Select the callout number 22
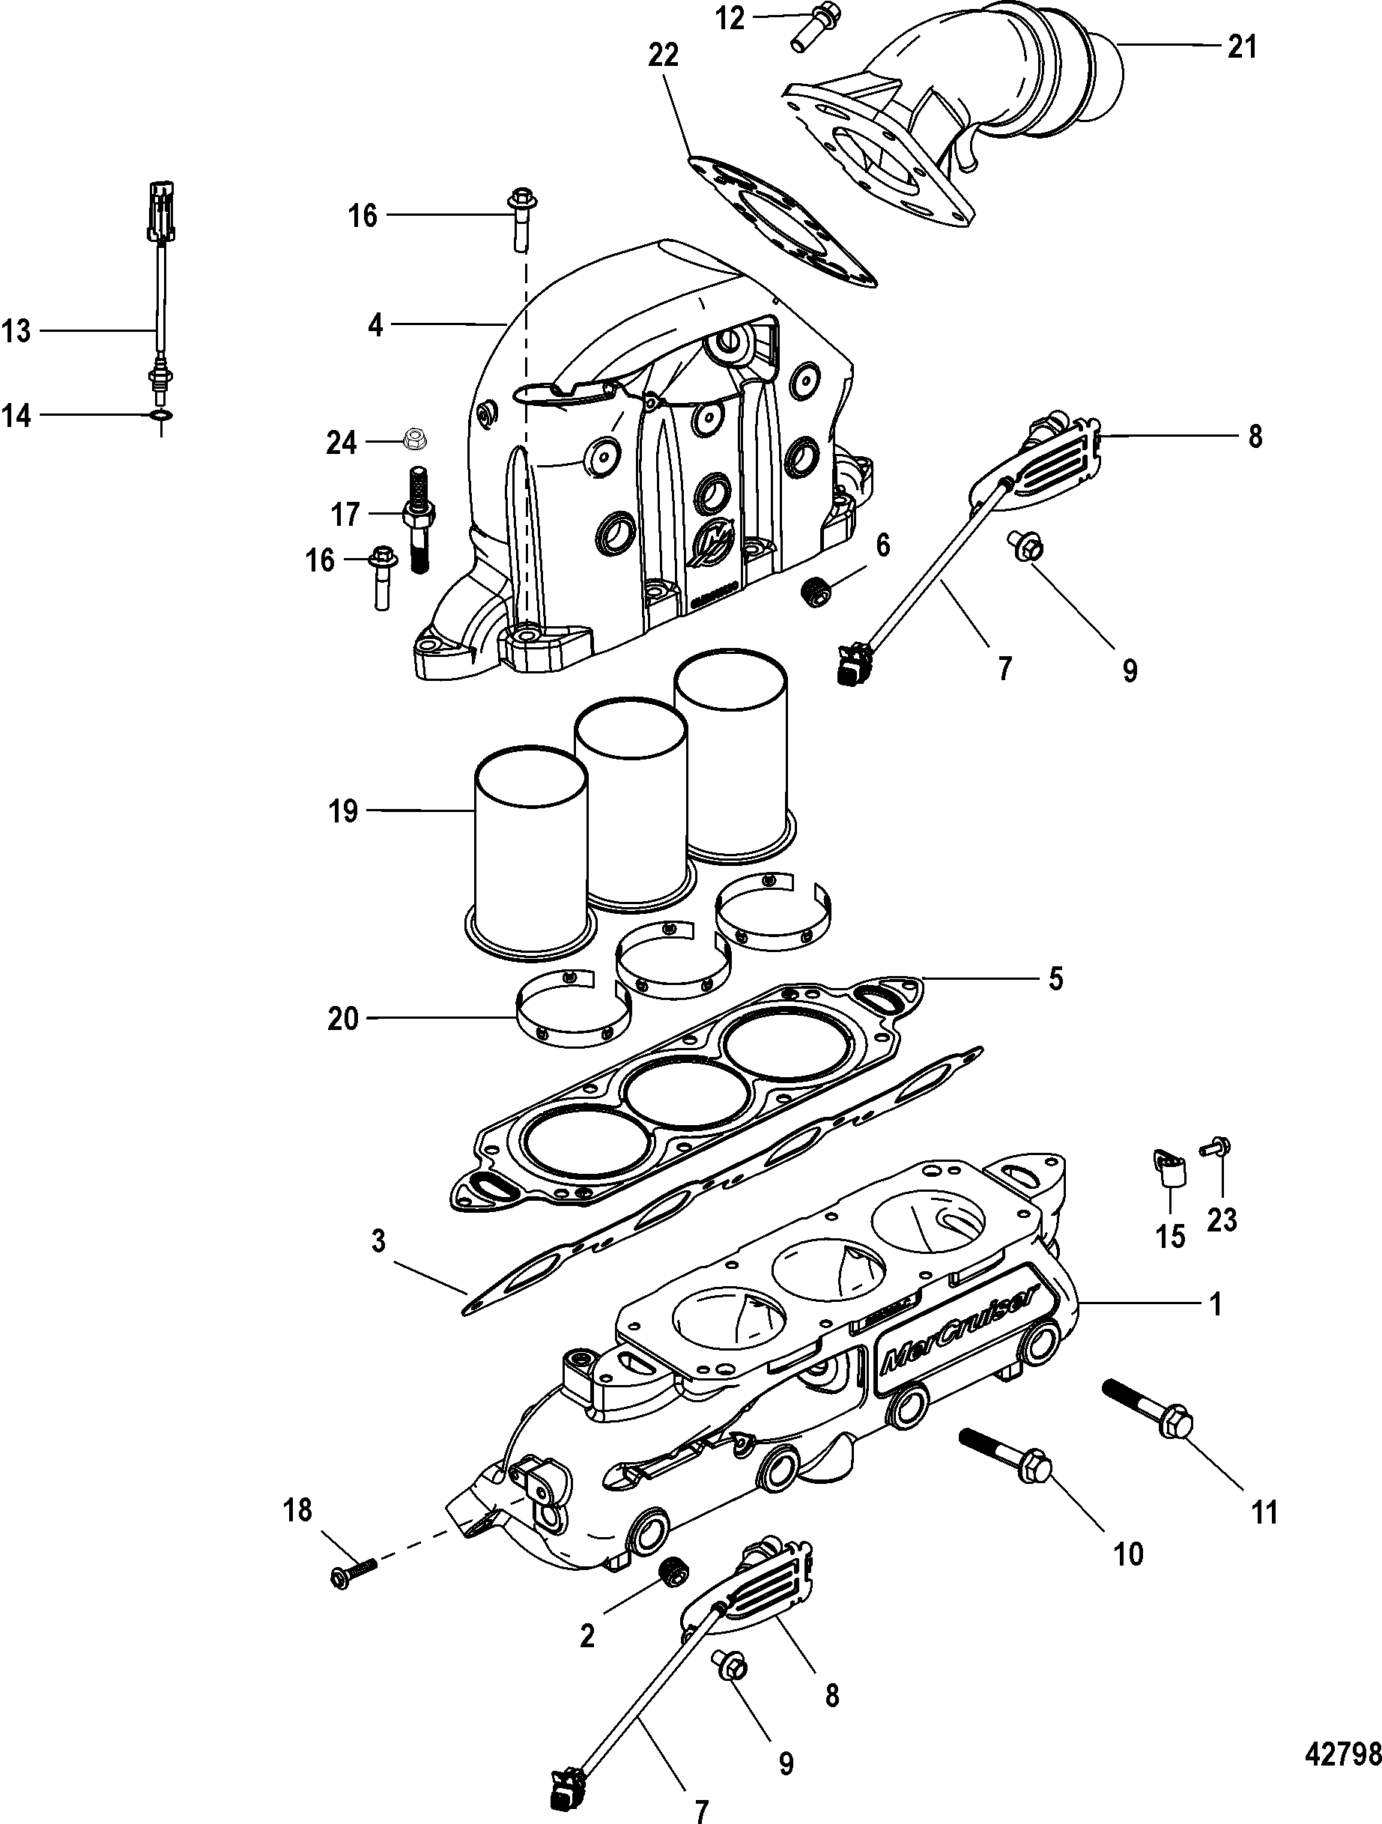(x=663, y=56)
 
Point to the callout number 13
(x=16, y=332)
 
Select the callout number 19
(x=343, y=811)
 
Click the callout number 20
(x=343, y=1019)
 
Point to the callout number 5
(x=1055, y=980)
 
